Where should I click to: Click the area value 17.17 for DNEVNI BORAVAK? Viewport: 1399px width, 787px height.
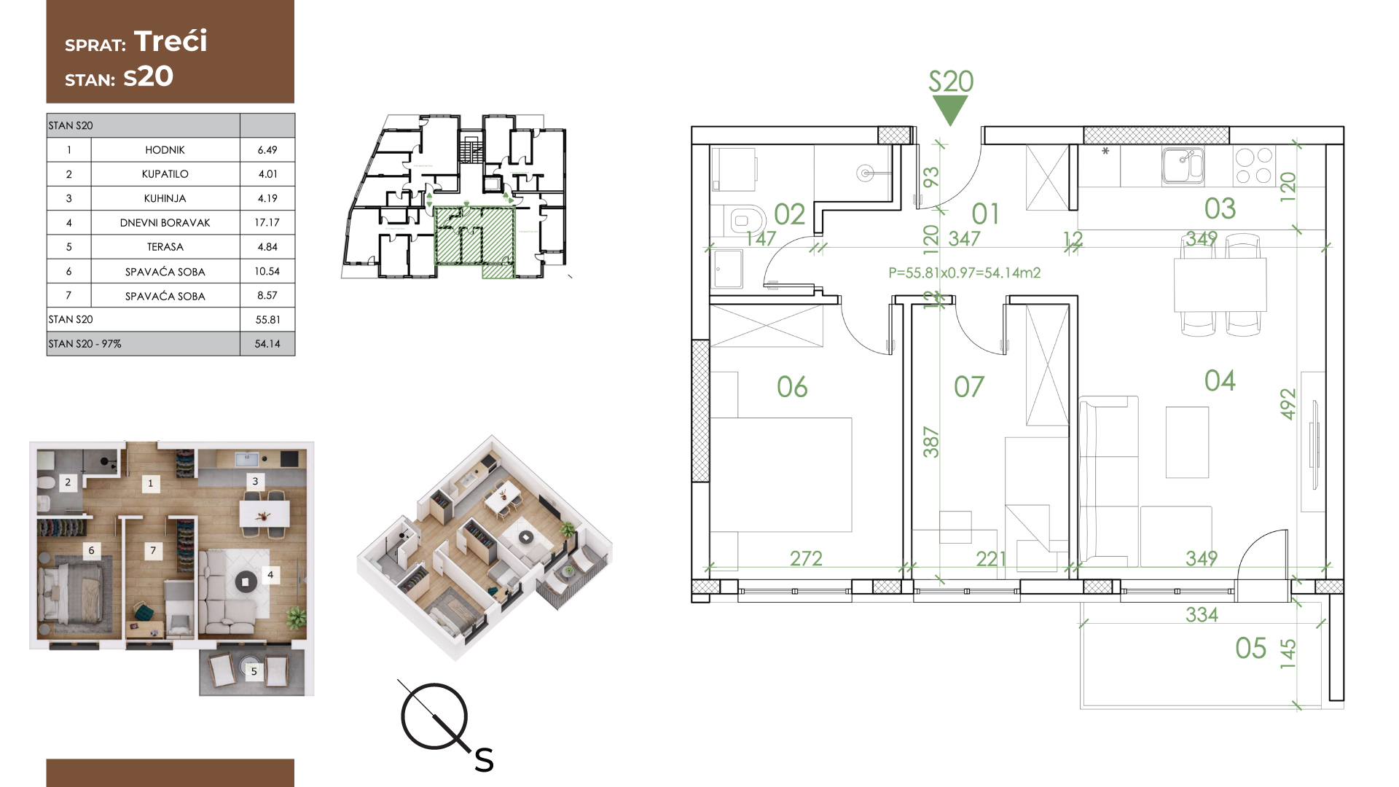[267, 222]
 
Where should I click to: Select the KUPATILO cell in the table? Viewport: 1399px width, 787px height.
[165, 173]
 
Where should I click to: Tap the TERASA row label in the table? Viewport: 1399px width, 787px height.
[165, 246]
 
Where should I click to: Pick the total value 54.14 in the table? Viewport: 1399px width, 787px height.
[267, 343]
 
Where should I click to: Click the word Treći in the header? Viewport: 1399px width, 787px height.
[171, 41]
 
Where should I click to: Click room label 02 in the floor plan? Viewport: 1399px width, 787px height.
[789, 214]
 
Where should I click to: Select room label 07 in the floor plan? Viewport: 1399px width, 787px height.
[969, 386]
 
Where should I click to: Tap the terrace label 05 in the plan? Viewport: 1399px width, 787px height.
[1251, 648]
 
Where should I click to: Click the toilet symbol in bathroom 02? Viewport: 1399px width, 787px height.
[743, 219]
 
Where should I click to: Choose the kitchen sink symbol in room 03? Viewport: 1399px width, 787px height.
[1183, 165]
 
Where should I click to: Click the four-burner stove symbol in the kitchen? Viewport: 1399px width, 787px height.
[1254, 165]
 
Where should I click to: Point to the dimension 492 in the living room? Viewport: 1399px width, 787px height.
[1288, 404]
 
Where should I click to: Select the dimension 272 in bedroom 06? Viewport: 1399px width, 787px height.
[806, 558]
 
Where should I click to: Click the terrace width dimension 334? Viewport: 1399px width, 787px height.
[1202, 614]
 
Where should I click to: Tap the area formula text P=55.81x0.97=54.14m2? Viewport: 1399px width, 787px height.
[965, 273]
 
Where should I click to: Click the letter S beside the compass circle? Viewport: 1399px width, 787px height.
[485, 761]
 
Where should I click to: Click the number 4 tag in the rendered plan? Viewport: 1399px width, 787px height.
[270, 575]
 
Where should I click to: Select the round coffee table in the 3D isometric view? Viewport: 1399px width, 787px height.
[526, 538]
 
